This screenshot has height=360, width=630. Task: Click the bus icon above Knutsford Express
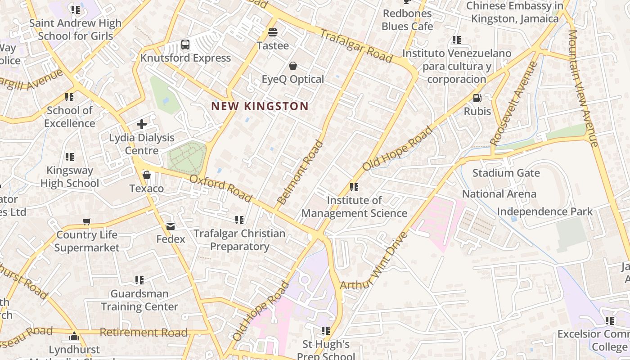coord(185,44)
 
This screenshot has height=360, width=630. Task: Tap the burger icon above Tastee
coord(273,32)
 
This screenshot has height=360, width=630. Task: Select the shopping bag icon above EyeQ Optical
coord(293,66)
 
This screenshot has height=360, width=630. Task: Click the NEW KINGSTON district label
coord(260,107)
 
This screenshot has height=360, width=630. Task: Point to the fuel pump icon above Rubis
coord(477,98)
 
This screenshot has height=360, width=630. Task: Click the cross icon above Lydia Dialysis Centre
coord(142,124)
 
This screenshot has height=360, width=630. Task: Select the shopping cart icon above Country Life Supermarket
coord(87,221)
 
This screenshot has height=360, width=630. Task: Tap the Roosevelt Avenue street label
coord(514,103)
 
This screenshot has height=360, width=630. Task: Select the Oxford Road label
coord(220,188)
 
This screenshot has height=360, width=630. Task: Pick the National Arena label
coord(499,194)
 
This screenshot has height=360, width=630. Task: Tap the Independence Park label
coord(544,211)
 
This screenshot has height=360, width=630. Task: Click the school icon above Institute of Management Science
coord(354,187)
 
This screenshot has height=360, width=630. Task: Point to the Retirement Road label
coord(143,333)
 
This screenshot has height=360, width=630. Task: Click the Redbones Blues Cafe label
coord(407,20)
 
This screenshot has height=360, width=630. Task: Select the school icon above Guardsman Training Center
coord(139,280)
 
